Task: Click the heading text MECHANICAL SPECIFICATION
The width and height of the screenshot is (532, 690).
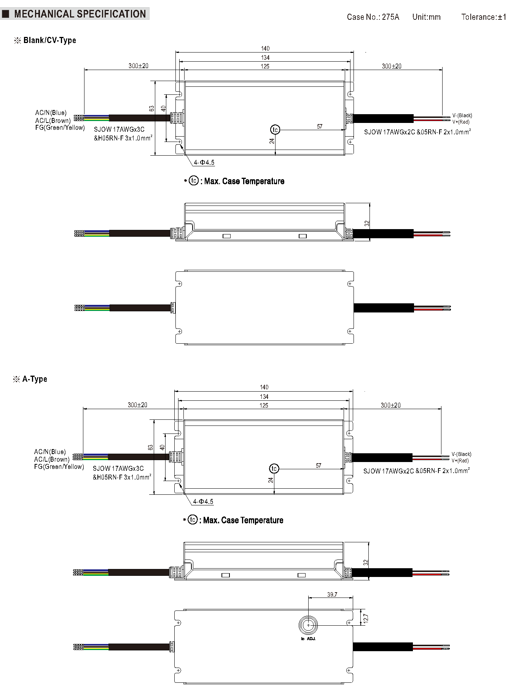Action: [x=80, y=14]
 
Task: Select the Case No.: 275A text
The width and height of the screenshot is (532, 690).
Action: [x=373, y=17]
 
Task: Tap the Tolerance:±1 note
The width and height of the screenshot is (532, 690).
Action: [x=484, y=17]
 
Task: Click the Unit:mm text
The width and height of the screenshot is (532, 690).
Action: [x=426, y=17]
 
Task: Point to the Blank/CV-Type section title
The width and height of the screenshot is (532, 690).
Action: [x=49, y=40]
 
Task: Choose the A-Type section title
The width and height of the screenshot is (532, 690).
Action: [x=35, y=379]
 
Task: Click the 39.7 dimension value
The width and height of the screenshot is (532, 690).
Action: [x=332, y=594]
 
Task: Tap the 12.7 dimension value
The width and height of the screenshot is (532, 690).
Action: [x=366, y=618]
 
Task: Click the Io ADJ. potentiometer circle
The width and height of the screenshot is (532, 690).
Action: [x=308, y=625]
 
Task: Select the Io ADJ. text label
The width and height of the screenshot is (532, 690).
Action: [x=308, y=639]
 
